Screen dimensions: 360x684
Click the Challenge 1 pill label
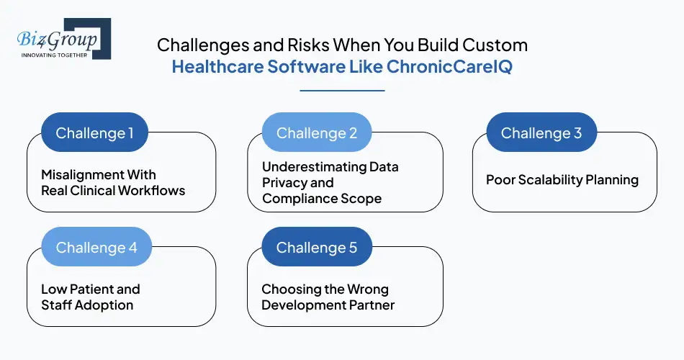tap(94, 133)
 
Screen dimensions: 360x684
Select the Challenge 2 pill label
tap(317, 133)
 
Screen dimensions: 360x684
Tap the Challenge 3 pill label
tap(541, 133)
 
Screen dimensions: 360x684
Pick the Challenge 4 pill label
tap(96, 248)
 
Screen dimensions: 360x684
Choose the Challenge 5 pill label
tap(317, 248)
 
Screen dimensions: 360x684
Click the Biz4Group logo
tap(63, 38)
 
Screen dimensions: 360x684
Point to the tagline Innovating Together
tap(54, 55)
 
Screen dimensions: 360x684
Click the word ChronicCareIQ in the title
tap(449, 68)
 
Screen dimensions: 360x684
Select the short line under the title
tap(342, 91)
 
